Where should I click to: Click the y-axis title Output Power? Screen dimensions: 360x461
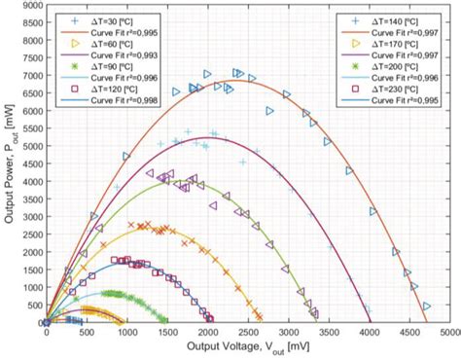(10, 165)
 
